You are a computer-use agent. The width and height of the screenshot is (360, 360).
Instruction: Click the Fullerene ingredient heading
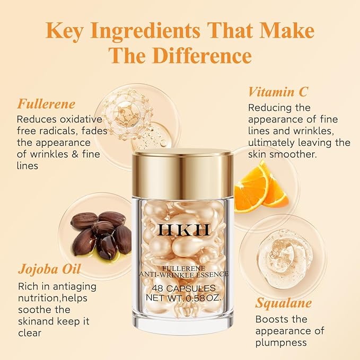(x=46, y=103)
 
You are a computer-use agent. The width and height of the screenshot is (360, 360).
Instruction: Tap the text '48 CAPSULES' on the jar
(x=182, y=288)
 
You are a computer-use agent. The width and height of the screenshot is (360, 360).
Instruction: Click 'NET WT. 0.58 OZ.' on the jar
(x=182, y=297)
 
